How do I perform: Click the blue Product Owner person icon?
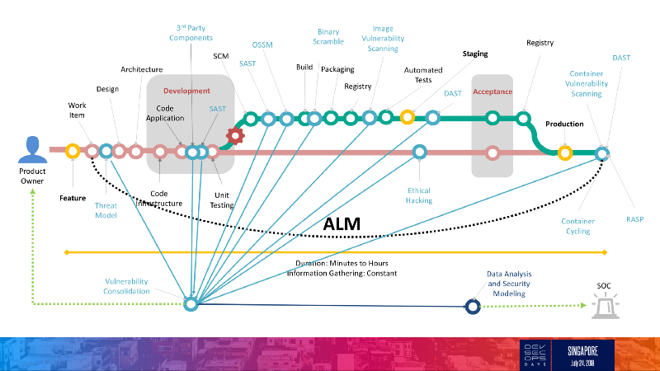tap(32, 150)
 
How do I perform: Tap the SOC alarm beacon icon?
tap(604, 307)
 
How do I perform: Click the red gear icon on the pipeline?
tap(235, 135)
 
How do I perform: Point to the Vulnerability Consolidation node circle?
tap(191, 305)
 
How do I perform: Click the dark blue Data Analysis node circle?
tap(473, 306)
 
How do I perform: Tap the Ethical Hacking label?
tap(419, 195)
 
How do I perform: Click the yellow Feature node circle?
tap(73, 151)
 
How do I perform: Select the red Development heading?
tap(186, 91)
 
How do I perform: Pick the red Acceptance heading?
tap(493, 92)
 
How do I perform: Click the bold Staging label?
tap(475, 54)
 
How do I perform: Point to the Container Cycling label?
tap(577, 226)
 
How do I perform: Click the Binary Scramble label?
tap(328, 37)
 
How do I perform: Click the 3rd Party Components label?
tap(191, 32)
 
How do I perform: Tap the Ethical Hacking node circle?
tap(419, 152)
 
